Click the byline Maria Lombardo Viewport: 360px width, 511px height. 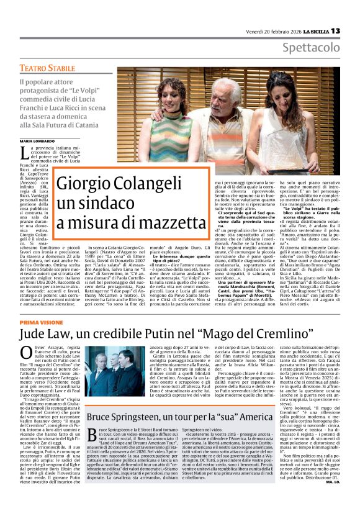tap(37, 142)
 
